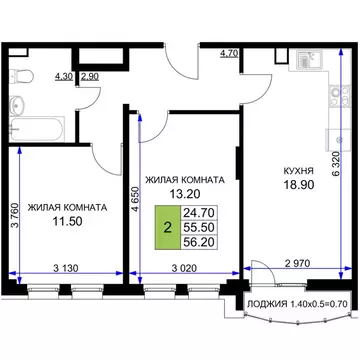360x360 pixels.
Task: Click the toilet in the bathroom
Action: click(x=28, y=75)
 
